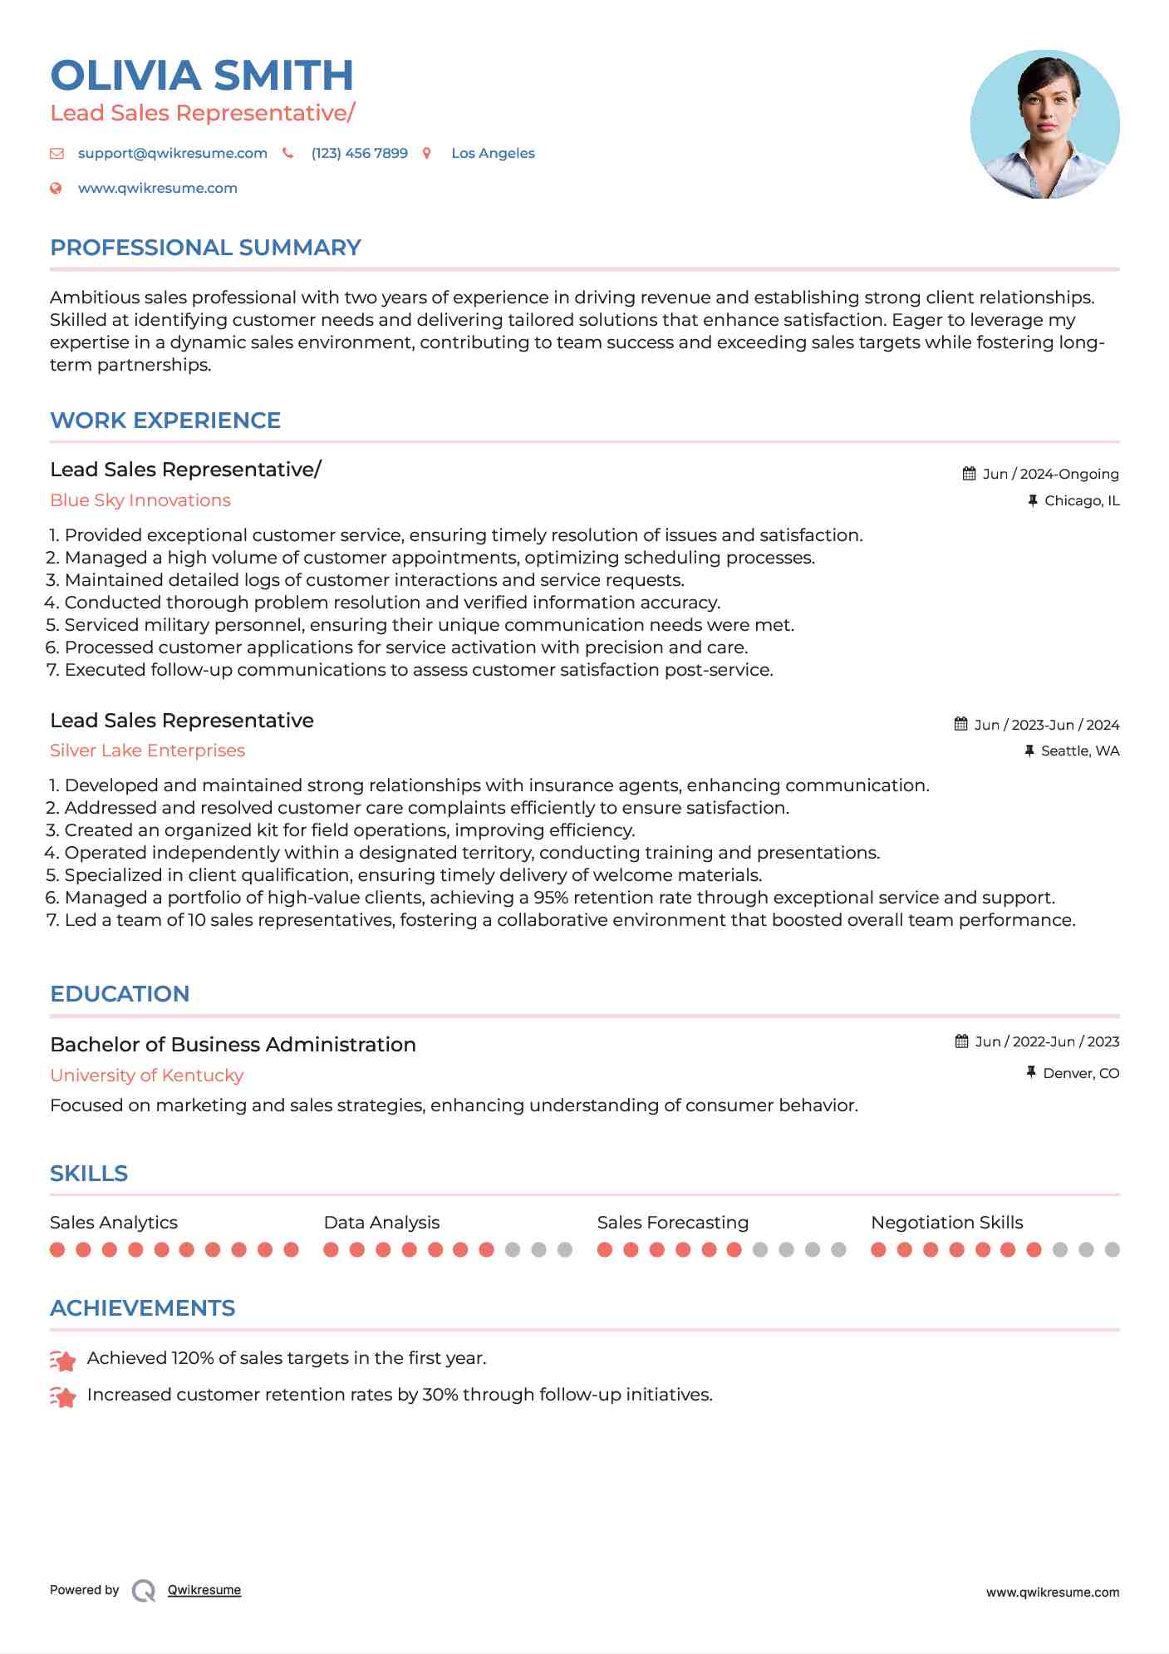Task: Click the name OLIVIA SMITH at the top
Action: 202,76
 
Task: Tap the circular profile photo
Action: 1044,125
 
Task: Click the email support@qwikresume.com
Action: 172,154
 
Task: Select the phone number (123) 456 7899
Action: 359,154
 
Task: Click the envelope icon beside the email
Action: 56,154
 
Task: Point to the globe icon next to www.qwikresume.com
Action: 56,189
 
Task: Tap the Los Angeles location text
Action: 493,154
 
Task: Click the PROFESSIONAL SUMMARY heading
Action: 205,248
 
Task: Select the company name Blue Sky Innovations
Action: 140,500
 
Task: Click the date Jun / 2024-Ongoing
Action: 1050,475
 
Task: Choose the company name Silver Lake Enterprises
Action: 147,751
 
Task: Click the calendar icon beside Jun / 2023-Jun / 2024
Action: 960,724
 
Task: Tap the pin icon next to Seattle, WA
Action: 1029,751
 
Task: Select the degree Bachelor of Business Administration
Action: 233,1045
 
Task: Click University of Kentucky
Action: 146,1076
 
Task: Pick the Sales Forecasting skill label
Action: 672,1223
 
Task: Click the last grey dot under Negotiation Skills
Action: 1112,1249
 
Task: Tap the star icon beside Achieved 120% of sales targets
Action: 63,1361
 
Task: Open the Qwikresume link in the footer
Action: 204,1590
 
